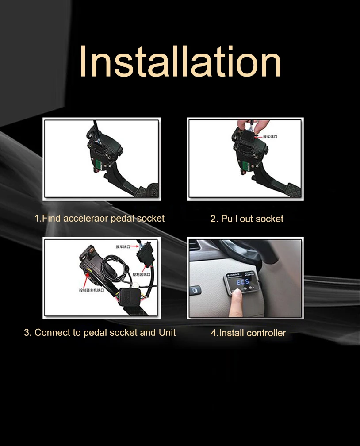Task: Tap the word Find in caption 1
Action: [51, 218]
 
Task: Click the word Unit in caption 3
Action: [167, 332]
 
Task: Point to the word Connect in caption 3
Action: [51, 332]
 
